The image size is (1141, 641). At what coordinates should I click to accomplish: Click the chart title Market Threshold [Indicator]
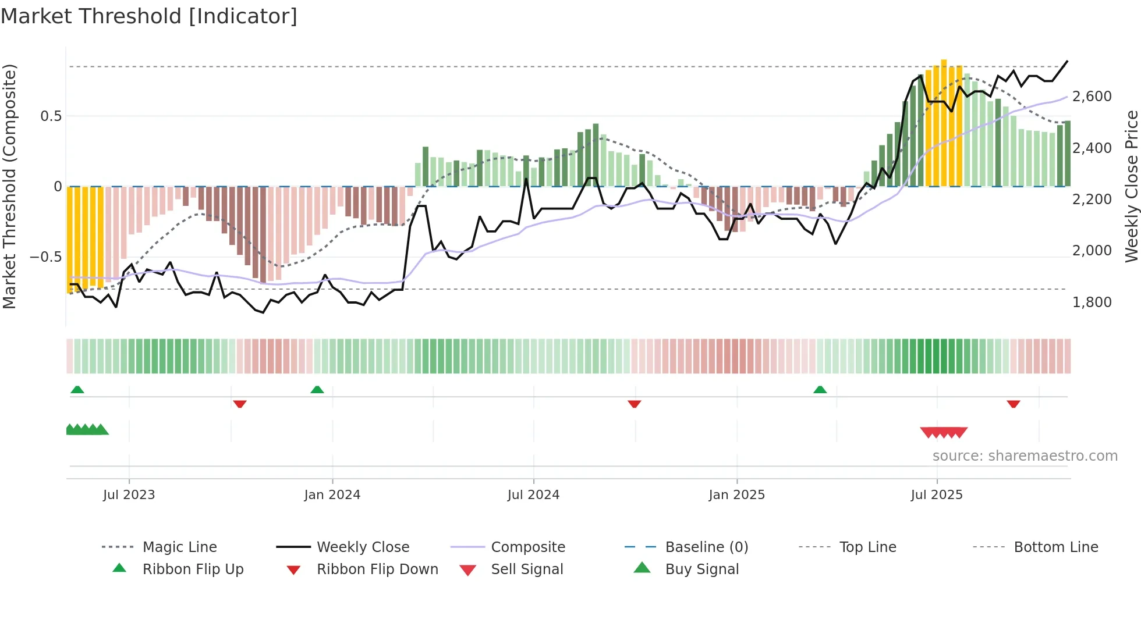click(x=149, y=16)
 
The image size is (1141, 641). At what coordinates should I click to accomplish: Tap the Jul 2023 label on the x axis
click(x=129, y=495)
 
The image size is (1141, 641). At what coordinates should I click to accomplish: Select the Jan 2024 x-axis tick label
click(x=332, y=495)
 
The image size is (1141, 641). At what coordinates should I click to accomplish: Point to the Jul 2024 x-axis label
click(x=533, y=495)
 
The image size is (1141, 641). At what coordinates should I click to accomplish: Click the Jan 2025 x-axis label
click(x=736, y=495)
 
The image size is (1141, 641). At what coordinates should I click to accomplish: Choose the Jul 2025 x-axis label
click(x=937, y=495)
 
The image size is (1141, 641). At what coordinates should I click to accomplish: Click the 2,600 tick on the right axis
click(x=1092, y=97)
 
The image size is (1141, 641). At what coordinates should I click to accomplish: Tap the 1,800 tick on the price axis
click(x=1092, y=302)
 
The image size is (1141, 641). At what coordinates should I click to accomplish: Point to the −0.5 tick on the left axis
click(x=46, y=257)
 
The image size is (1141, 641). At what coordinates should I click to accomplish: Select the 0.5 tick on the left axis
click(x=51, y=116)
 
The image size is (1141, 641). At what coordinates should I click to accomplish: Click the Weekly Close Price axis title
click(x=1131, y=186)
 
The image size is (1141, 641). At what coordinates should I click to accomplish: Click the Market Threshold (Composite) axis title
click(x=9, y=186)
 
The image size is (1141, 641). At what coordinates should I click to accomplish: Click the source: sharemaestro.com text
click(x=1025, y=456)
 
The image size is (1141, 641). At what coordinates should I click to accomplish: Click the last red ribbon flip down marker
click(x=1013, y=404)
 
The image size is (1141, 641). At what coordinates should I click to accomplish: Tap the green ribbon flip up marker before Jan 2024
click(x=317, y=390)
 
